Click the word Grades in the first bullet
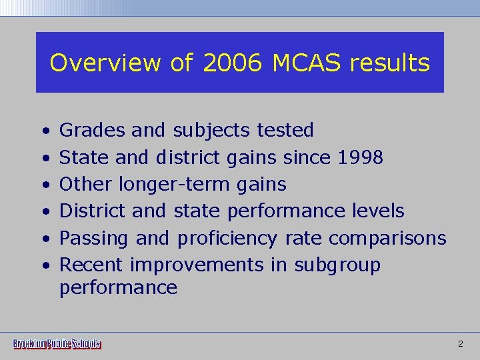click(x=93, y=131)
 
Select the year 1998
click(x=360, y=157)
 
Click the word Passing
click(x=95, y=239)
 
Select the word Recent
click(x=91, y=265)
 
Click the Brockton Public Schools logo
click(x=57, y=344)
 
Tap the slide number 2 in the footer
click(x=460, y=344)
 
